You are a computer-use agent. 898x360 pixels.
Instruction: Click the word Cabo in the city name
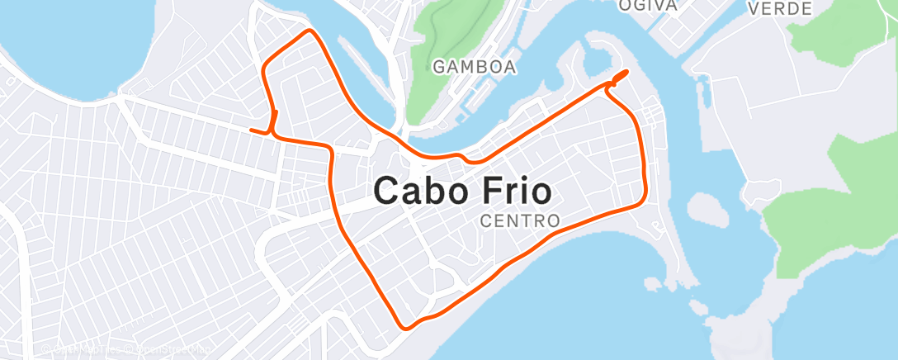pos(420,192)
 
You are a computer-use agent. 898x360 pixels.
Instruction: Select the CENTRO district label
pos(520,221)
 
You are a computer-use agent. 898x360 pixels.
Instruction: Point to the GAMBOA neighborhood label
pos(475,66)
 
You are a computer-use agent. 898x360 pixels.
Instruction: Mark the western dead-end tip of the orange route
pos(251,130)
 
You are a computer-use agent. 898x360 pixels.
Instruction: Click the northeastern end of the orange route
pos(625,73)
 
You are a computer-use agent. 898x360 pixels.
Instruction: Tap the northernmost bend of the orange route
pos(310,31)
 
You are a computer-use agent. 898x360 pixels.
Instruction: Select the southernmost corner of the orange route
pos(404,327)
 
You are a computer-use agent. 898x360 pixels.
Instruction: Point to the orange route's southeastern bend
pos(642,200)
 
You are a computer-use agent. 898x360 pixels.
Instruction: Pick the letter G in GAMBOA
pos(438,66)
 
